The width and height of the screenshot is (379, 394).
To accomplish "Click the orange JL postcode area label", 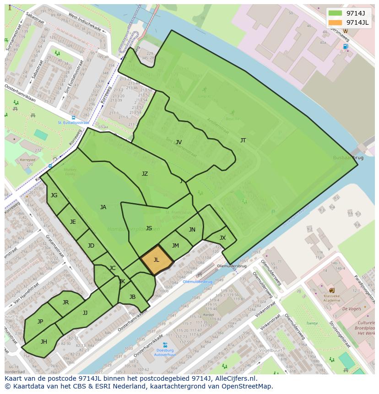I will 157,260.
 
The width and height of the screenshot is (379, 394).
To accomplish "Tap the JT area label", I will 243,140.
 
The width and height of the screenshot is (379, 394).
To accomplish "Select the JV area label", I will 179,142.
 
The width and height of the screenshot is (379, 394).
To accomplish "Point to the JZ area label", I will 145,174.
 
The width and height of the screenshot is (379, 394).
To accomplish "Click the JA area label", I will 103,207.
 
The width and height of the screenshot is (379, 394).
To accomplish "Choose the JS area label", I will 149,228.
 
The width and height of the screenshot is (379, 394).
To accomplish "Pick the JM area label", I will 175,246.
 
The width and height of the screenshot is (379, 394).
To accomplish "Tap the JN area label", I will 192,230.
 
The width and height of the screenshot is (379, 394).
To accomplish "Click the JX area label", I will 222,238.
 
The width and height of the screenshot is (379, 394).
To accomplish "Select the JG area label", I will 54,195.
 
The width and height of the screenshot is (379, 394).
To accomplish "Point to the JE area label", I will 73,222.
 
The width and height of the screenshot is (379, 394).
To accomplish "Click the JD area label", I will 91,246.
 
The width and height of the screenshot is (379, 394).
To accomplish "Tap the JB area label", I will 132,297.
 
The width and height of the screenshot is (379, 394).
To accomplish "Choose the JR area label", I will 65,302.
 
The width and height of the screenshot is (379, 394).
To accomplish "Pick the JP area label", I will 40,322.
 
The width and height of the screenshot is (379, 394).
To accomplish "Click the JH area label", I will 44,342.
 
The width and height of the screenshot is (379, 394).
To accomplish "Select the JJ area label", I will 85,313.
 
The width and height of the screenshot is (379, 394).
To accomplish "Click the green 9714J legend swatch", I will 335,13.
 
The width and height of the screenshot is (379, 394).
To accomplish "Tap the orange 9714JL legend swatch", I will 335,22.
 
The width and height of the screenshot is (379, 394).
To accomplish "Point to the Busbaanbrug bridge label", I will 348,157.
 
